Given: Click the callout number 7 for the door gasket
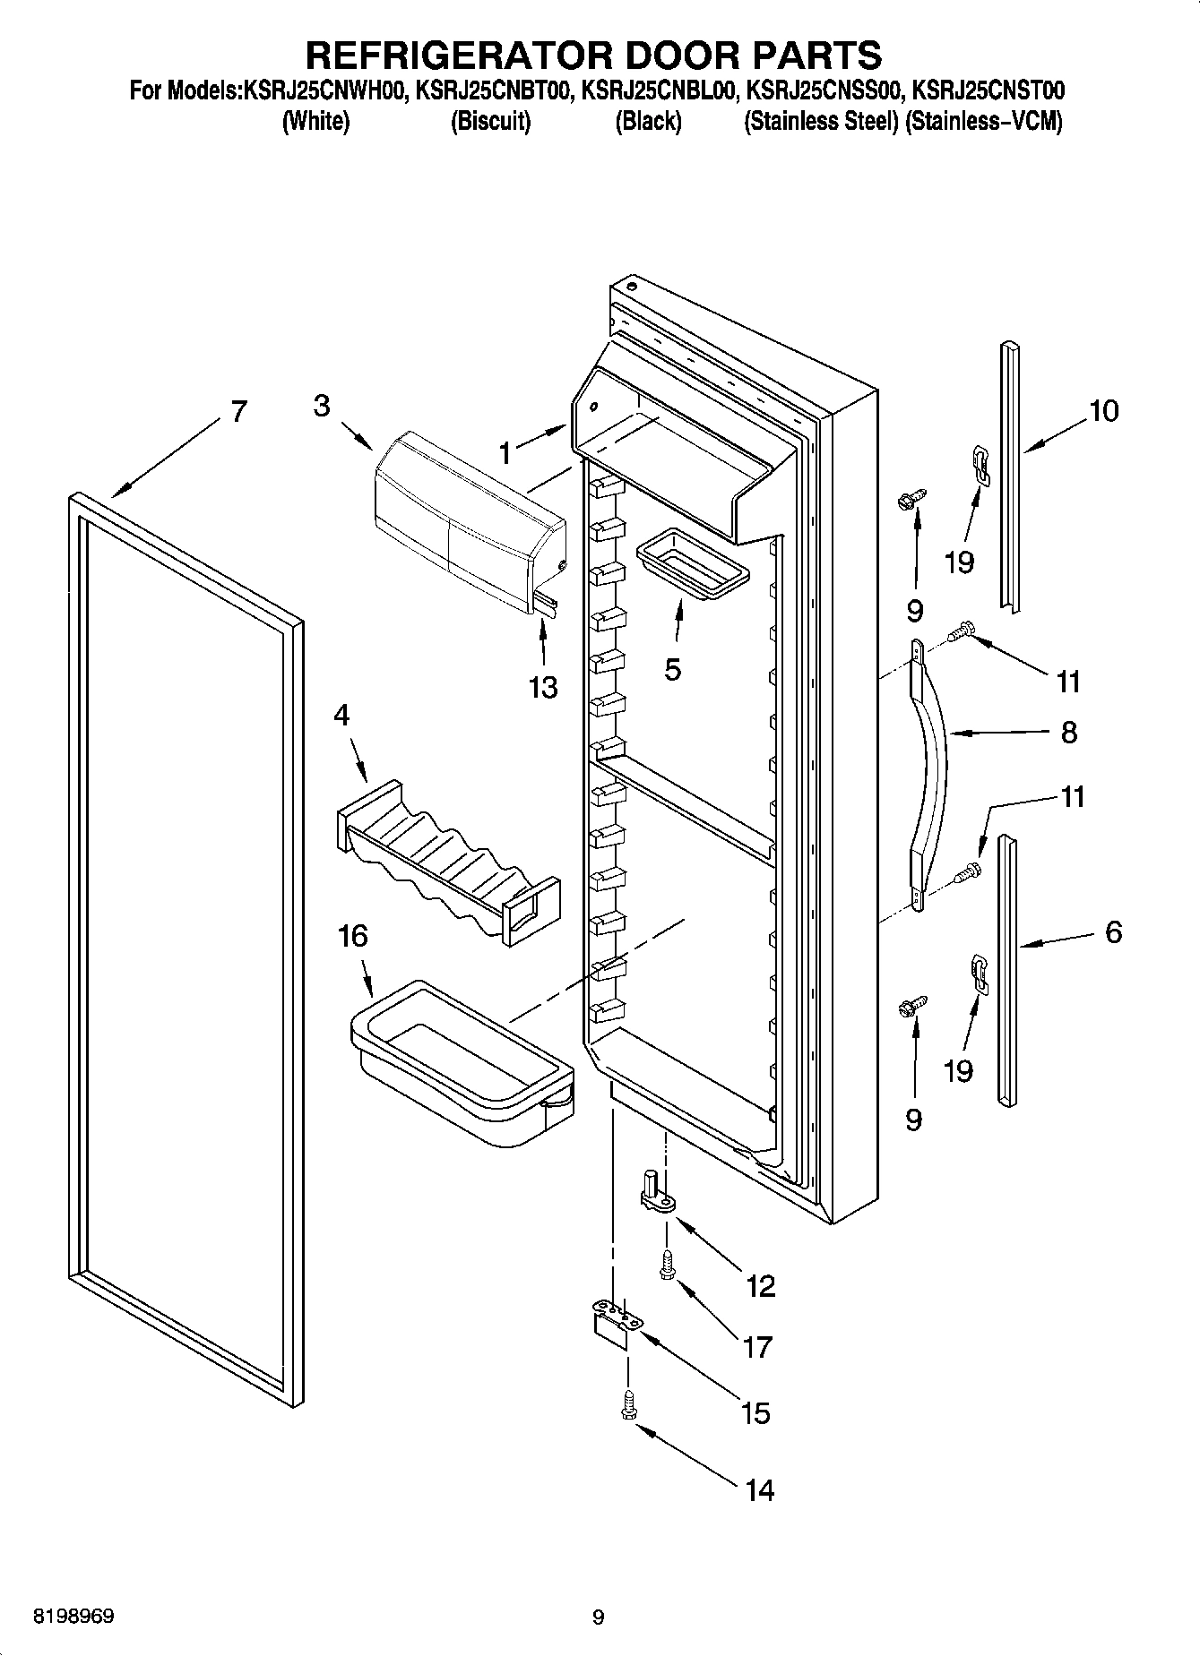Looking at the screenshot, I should point(237,411).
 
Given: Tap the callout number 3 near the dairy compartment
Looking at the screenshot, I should point(322,406).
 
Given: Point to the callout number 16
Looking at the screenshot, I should point(352,937).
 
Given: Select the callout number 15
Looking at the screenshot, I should point(755,1413).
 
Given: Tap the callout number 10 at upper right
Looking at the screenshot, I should point(1103,411).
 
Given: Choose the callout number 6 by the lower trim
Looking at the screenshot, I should point(1113,932).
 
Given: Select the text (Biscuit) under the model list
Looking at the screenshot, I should point(490,122).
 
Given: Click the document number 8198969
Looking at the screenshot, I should point(73,1617).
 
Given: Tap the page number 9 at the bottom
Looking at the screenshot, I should point(599,1617).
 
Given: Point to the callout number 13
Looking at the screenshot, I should point(543,688).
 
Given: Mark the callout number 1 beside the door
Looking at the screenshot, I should point(505,454).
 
